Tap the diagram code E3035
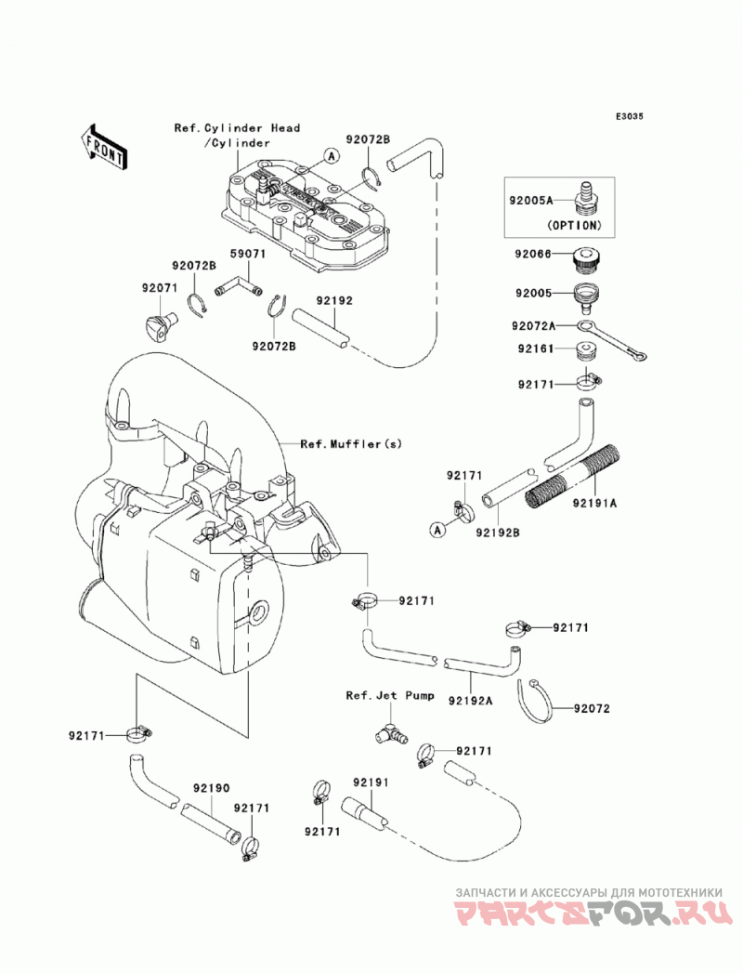coord(629,116)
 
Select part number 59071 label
coord(248,255)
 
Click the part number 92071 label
coord(160,288)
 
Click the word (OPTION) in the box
coord(574,226)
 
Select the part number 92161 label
coord(535,349)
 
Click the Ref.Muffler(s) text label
coord(351,443)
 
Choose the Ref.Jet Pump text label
coord(390,696)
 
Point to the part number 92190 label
coord(211,788)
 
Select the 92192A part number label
coord(470,701)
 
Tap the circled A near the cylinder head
coord(332,156)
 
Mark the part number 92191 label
coord(371,782)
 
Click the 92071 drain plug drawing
coord(160,324)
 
